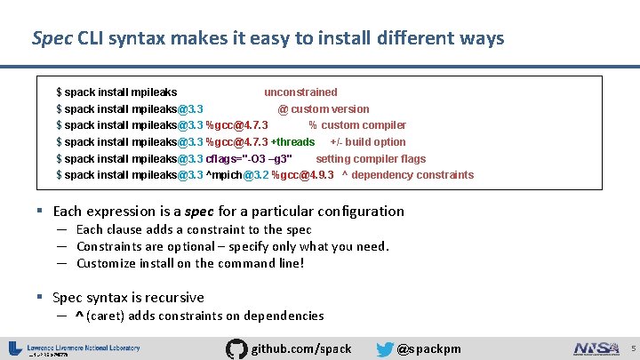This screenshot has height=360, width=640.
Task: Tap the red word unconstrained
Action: (300, 92)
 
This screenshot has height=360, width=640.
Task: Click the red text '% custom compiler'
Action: (357, 125)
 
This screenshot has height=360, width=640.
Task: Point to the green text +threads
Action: (292, 142)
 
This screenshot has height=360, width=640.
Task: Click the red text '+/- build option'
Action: (368, 142)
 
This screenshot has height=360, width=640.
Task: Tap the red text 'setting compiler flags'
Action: (371, 159)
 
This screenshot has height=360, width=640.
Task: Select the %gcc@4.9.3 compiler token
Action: (303, 175)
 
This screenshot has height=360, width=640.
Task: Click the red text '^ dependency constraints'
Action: (408, 175)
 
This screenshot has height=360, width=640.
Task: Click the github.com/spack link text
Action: (302, 348)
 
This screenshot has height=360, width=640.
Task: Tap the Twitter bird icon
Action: (385, 348)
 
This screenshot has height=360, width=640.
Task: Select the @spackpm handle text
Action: (429, 348)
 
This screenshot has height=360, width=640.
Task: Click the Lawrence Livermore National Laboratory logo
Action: (75, 348)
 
